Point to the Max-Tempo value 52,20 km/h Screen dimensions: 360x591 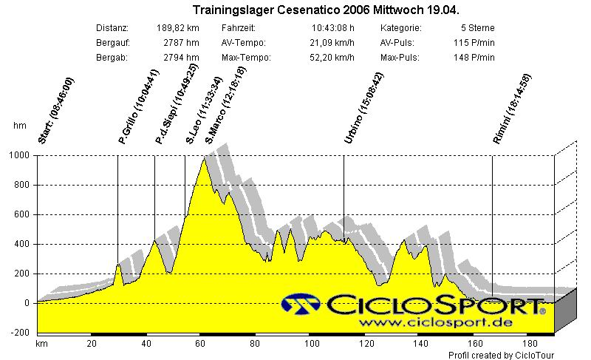click(332, 58)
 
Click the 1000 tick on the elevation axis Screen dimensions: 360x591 click(18, 156)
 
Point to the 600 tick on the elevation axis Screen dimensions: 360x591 click(21, 215)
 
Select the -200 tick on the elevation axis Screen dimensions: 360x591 click(20, 333)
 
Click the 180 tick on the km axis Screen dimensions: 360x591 click(530, 344)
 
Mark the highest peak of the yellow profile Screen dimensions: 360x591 click(204, 159)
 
